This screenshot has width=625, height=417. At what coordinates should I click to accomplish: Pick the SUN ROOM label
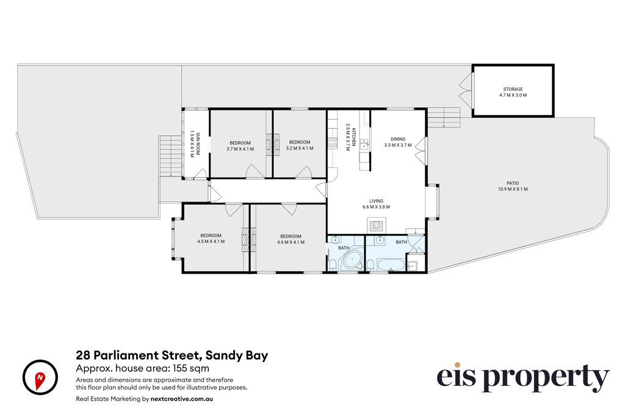(x=195, y=143)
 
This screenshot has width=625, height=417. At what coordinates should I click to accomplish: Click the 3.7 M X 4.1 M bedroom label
(x=240, y=146)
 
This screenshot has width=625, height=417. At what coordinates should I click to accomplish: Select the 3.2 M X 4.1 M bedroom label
(x=299, y=145)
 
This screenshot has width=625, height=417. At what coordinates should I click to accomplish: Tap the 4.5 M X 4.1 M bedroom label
(x=211, y=238)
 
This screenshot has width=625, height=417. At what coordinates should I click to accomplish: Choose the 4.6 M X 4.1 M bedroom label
(x=291, y=239)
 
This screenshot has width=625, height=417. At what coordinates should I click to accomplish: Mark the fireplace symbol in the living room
(x=376, y=226)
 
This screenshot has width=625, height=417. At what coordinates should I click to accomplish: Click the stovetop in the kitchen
(x=333, y=143)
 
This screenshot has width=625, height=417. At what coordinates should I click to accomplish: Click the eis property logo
(x=523, y=377)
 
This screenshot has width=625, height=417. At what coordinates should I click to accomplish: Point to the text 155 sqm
(x=190, y=368)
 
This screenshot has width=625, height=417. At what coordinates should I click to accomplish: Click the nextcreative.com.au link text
(x=182, y=399)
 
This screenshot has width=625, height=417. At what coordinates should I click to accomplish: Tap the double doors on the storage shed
(x=466, y=92)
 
